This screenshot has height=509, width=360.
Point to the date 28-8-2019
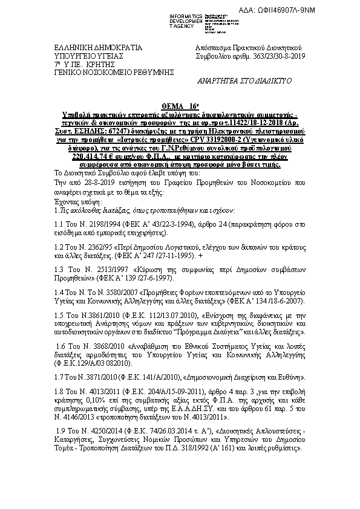point(91,180)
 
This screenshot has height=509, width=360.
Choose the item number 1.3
point(59,268)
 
